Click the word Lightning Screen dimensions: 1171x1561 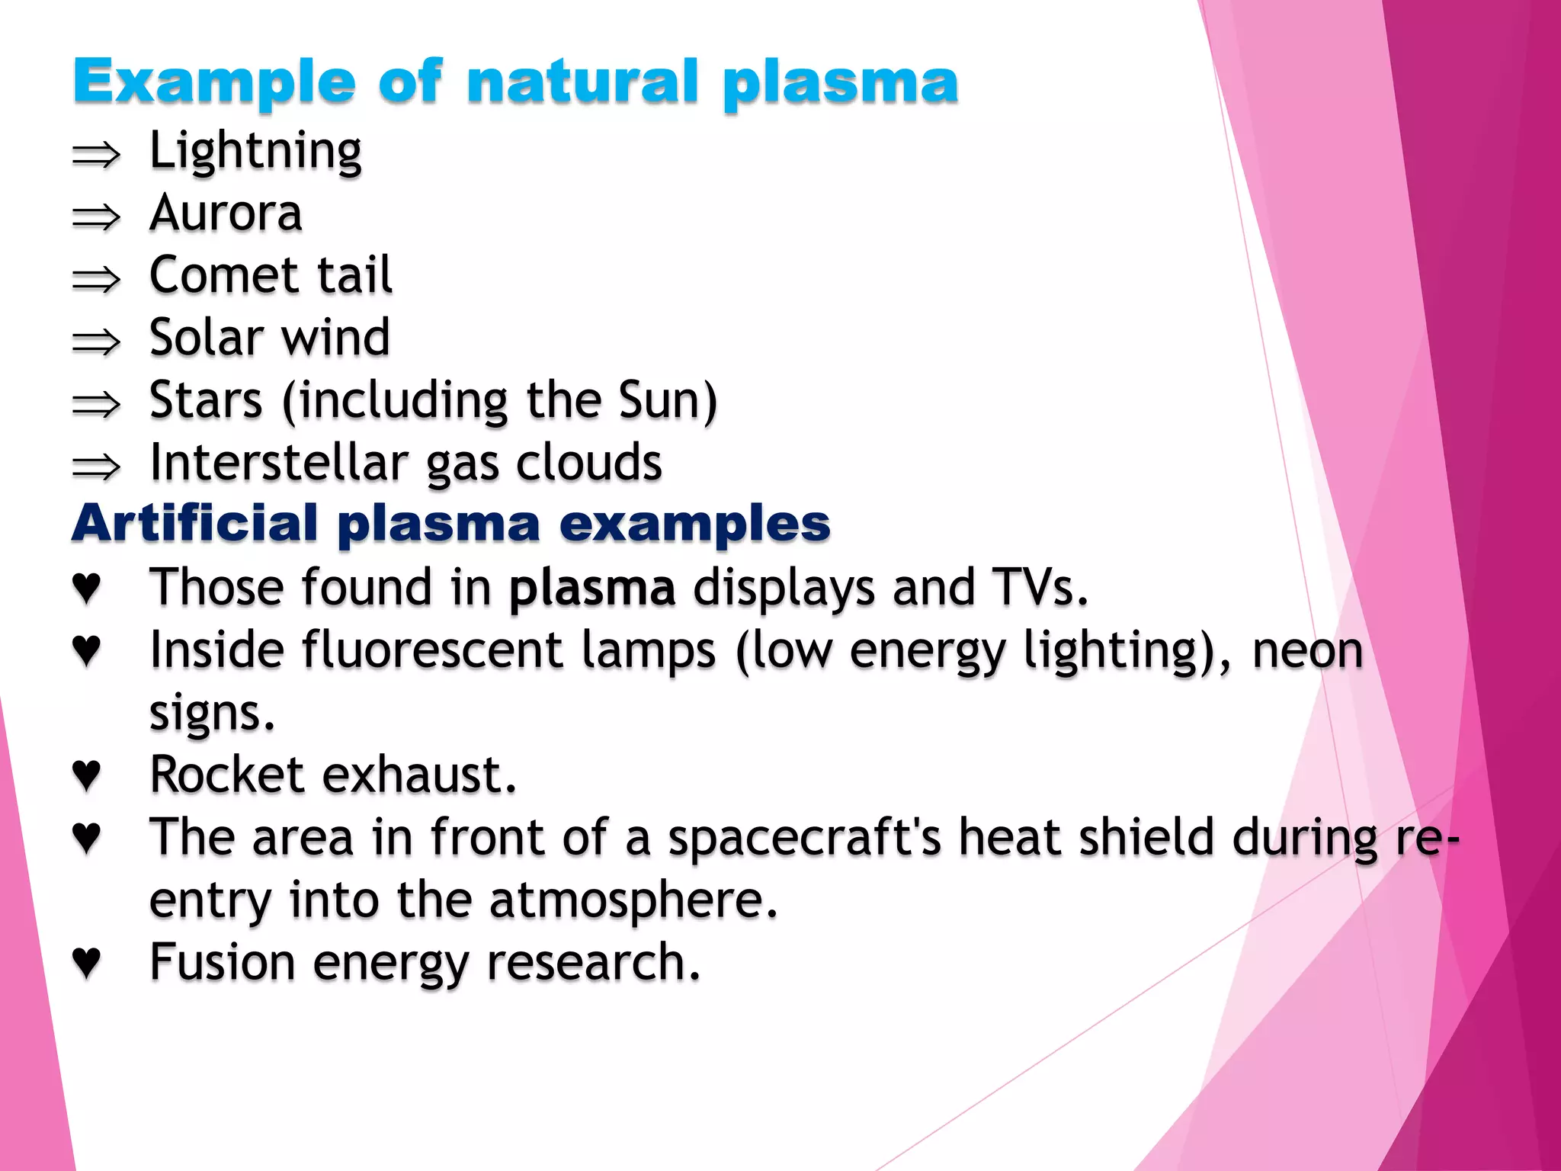pyautogui.click(x=255, y=151)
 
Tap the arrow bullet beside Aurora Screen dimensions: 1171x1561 pyautogui.click(x=96, y=217)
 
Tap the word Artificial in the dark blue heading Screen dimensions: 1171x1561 pyautogui.click(x=195, y=524)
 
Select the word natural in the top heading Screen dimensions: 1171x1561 pyautogui.click(x=582, y=82)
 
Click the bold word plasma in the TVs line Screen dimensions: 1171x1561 pyautogui.click(x=592, y=588)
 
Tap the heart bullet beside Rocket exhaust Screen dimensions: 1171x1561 pyautogui.click(x=86, y=775)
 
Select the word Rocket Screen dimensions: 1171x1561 pyautogui.click(x=227, y=775)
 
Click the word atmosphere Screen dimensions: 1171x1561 pyautogui.click(x=633, y=900)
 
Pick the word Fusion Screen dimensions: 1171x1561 pyautogui.click(x=222, y=962)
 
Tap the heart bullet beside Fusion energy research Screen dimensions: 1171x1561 pyautogui.click(x=86, y=962)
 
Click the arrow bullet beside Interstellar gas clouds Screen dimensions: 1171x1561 pyautogui.click(x=96, y=467)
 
